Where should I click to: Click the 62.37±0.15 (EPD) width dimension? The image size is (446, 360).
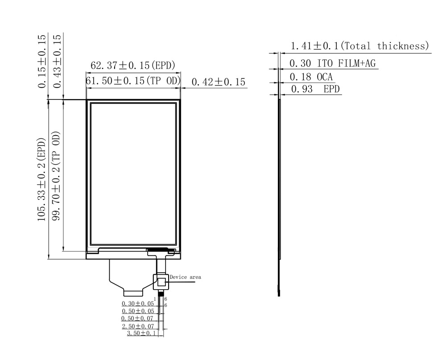(132, 66)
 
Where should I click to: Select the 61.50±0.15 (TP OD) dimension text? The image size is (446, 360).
(132, 81)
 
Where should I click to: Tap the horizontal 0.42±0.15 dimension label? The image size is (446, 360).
(219, 82)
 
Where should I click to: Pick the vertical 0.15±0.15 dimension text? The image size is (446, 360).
(41, 60)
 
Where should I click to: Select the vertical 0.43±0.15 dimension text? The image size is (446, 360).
(56, 60)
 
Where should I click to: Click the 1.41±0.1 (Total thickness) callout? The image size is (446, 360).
(359, 46)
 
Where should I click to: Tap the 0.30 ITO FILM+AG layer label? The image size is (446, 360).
(333, 63)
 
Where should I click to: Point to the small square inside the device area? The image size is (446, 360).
(161, 281)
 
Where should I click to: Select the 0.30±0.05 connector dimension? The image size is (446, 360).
(138, 303)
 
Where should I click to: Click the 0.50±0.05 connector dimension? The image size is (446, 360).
(138, 310)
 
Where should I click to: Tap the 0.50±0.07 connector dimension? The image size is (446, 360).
(138, 318)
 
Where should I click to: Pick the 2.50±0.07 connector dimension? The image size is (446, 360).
(138, 326)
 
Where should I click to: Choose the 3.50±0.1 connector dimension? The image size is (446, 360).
(141, 333)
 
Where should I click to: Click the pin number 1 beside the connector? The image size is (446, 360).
(155, 298)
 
